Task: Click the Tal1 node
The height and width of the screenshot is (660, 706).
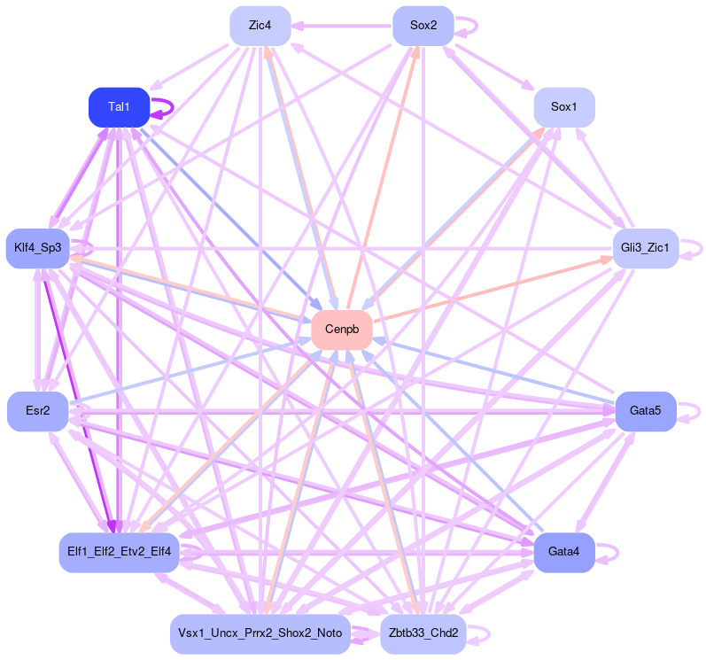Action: pyautogui.click(x=119, y=107)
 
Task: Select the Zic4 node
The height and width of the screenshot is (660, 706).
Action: pyautogui.click(x=260, y=26)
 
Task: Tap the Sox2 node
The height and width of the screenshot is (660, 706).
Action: pyautogui.click(x=423, y=26)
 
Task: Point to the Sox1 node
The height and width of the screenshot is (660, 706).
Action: pyautogui.click(x=563, y=107)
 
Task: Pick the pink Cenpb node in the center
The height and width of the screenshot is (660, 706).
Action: pyautogui.click(x=342, y=330)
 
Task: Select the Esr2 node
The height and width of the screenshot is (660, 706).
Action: pyautogui.click(x=37, y=411)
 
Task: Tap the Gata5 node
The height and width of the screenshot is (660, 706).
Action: pyautogui.click(x=646, y=411)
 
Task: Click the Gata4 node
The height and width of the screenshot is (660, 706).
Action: pyautogui.click(x=563, y=552)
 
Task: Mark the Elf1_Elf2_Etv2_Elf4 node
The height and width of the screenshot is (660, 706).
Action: pyautogui.click(x=119, y=552)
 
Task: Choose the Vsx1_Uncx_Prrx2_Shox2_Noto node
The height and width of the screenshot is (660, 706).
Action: pyautogui.click(x=260, y=633)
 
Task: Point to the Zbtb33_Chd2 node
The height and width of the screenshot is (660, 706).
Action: pyautogui.click(x=423, y=633)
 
